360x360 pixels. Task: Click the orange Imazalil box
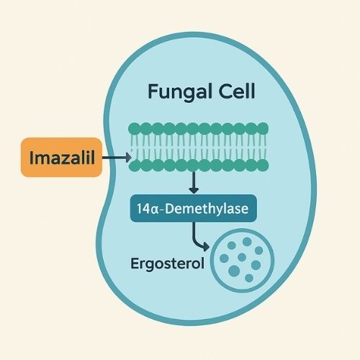(61, 157)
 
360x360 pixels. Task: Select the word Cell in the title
(236, 91)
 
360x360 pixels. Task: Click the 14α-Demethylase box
(194, 208)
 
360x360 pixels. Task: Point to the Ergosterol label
(167, 264)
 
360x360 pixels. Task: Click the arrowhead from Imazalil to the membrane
(129, 158)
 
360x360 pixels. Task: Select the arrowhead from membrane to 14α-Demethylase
(194, 190)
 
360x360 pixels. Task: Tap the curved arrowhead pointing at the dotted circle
(206, 246)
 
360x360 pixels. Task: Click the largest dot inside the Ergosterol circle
(234, 271)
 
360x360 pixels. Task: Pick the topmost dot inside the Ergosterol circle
(247, 242)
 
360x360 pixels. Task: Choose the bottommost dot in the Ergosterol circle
(249, 278)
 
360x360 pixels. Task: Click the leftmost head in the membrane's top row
(134, 129)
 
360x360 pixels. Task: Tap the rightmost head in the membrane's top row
(263, 128)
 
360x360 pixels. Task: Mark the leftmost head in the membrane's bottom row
(135, 166)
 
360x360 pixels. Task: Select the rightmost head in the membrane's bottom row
(263, 165)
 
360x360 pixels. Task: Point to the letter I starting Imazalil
(32, 157)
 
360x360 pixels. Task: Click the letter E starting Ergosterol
(135, 263)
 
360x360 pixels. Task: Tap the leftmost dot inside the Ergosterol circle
(224, 258)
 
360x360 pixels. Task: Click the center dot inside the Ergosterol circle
(242, 257)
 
